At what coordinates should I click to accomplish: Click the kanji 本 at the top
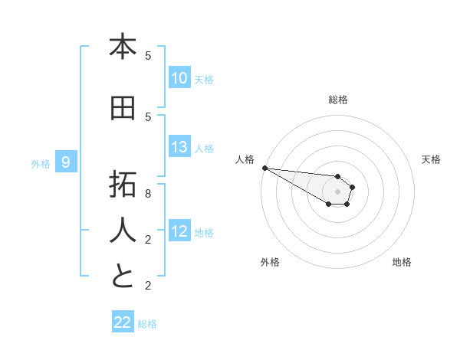(123, 47)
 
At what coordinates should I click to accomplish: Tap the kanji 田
(123, 109)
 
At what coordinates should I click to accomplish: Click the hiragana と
(123, 277)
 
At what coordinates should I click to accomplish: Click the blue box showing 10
(179, 78)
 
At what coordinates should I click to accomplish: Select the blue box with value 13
(179, 147)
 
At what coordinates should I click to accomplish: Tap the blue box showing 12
(179, 231)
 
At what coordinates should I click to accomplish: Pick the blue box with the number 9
(67, 162)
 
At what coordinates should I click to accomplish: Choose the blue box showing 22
(123, 322)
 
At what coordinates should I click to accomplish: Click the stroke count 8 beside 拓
(148, 194)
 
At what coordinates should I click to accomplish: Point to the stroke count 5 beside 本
(148, 56)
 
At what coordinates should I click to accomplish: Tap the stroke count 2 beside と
(148, 286)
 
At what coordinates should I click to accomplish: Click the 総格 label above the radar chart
(338, 100)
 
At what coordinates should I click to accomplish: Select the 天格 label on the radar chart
(432, 159)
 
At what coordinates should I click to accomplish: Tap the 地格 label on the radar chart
(402, 262)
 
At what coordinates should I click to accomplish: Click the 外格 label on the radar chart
(270, 262)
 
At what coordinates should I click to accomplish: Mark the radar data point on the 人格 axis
(264, 168)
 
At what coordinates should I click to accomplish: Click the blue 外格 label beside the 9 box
(40, 163)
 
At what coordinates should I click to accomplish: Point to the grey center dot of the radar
(337, 191)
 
